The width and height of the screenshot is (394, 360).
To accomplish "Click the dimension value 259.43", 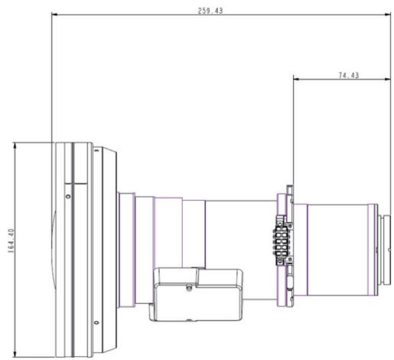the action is click(x=210, y=11).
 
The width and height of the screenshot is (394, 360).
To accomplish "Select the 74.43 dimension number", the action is click(x=349, y=75).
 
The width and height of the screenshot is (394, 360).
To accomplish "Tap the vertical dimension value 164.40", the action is click(x=11, y=241).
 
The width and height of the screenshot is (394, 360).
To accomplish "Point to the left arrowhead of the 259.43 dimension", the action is click(x=54, y=15).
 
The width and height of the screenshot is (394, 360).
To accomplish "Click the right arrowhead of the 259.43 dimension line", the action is click(x=388, y=15).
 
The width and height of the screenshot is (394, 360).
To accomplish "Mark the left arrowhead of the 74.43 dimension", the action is click(x=296, y=79).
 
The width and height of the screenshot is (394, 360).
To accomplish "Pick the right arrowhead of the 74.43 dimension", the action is click(x=388, y=79).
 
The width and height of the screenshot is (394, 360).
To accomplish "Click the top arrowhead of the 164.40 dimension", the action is click(x=15, y=146).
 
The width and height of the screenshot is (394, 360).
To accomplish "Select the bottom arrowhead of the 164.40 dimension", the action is click(x=15, y=355).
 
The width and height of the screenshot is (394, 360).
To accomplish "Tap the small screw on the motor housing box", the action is click(x=189, y=288).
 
